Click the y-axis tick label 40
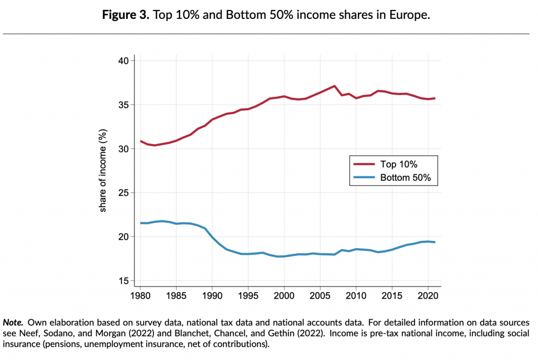(x=123, y=61)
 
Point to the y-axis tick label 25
(x=123, y=193)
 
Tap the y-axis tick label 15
(x=123, y=281)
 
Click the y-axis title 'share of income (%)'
(x=103, y=171)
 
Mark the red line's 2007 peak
(x=334, y=86)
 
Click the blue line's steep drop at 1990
(x=212, y=238)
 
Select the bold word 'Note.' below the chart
(x=13, y=321)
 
